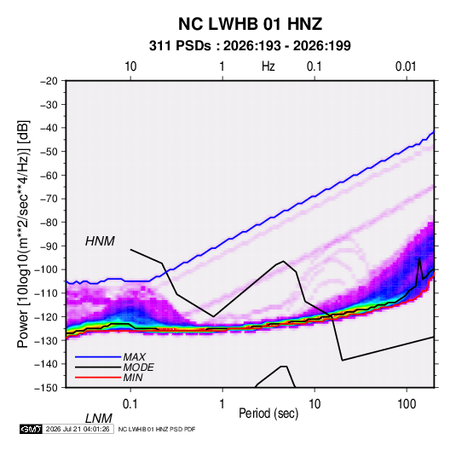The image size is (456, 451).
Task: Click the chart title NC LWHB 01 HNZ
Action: pos(250,24)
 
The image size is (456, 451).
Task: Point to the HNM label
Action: pos(100,241)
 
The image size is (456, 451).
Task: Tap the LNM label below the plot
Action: pos(98,419)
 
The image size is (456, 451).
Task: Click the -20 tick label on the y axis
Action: pos(49,81)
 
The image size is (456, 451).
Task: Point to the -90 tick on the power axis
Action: pos(49,246)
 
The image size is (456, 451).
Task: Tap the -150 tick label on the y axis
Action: pos(46,388)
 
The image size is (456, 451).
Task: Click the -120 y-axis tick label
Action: pos(46,317)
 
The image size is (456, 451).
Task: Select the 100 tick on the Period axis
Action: pos(407,404)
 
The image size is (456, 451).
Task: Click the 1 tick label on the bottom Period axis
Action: pos(222,404)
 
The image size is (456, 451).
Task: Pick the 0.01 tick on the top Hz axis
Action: pos(406,66)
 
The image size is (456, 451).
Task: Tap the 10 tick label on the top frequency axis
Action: pos(130,66)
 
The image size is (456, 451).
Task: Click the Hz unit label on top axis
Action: pos(268,66)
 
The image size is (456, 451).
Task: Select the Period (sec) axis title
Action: pos(268,413)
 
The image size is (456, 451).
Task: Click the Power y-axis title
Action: pos(23,234)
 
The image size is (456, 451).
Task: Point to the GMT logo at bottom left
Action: pos(31,429)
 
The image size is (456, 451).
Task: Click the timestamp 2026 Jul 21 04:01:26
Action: pos(78,429)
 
